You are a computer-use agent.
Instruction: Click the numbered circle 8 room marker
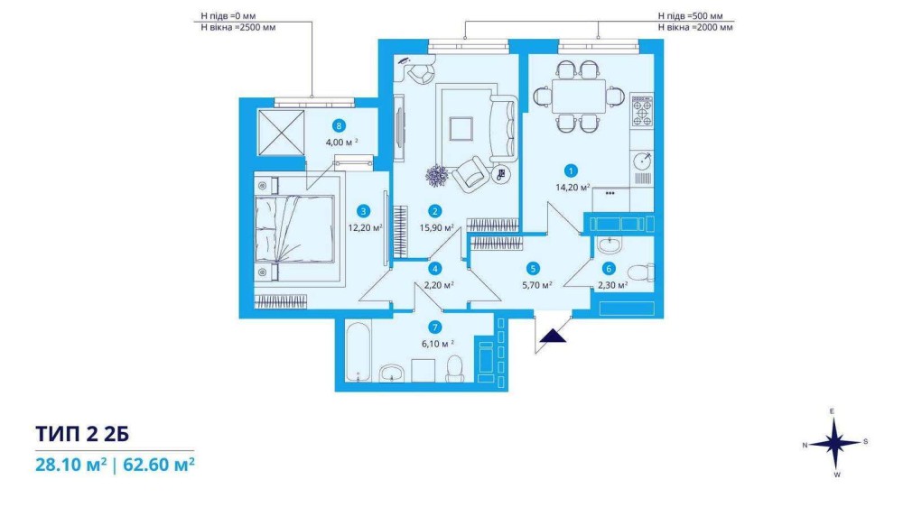340,125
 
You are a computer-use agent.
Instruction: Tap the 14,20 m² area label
573,187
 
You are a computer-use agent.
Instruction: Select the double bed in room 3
295,229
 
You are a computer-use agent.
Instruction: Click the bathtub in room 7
358,352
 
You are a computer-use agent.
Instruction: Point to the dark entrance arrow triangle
553,336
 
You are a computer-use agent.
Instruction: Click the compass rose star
834,443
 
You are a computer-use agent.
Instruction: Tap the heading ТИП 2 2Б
82,433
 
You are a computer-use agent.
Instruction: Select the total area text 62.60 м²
158,464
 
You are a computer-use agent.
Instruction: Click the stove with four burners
642,110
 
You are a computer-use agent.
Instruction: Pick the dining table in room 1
578,97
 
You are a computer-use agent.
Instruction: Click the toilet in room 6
640,272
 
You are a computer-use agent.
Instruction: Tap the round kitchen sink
642,159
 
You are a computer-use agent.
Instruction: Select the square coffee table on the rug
461,129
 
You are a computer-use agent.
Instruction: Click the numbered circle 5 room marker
534,268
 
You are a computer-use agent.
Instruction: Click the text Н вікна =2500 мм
237,27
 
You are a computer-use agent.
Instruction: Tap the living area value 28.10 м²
70,464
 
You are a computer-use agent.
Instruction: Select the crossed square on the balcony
281,133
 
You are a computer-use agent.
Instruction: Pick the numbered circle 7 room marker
435,327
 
